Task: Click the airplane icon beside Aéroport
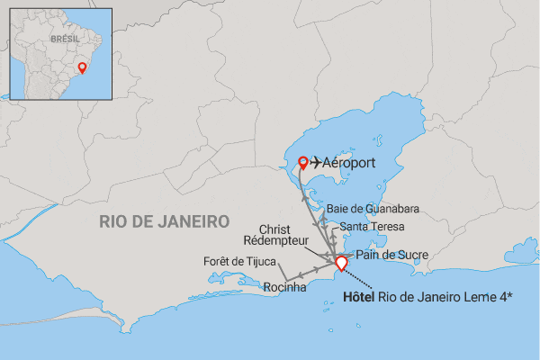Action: tap(318, 164)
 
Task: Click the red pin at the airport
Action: tap(303, 162)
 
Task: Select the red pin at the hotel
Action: tap(341, 262)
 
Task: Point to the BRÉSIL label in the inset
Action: tap(65, 40)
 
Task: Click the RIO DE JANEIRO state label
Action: tap(164, 221)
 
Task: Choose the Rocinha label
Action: tap(285, 288)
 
